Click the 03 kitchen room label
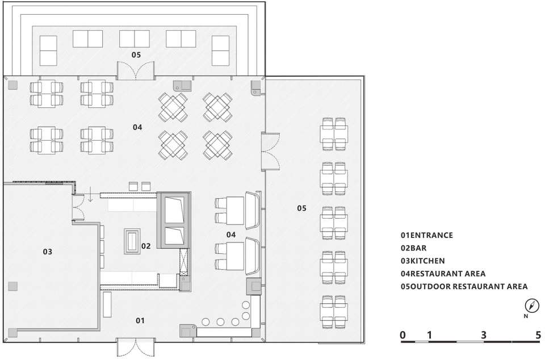click(x=47, y=252)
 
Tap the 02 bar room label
click(x=146, y=246)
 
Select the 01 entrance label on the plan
click(x=140, y=320)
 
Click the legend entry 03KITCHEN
click(x=422, y=261)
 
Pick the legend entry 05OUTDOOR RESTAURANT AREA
click(x=464, y=287)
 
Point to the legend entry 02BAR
click(x=413, y=248)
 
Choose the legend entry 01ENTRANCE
click(x=426, y=235)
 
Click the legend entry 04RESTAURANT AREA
click(x=443, y=274)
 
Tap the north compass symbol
click(x=531, y=305)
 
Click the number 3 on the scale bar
click(x=484, y=335)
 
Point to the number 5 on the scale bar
click(x=538, y=335)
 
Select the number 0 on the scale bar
click(x=403, y=335)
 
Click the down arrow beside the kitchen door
click(x=90, y=194)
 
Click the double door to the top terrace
click(x=136, y=70)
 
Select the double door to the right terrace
click(x=270, y=151)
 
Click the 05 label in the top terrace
click(x=136, y=55)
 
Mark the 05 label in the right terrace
click(x=301, y=208)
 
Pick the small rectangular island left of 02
click(x=132, y=241)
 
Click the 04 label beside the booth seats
click(x=231, y=235)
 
